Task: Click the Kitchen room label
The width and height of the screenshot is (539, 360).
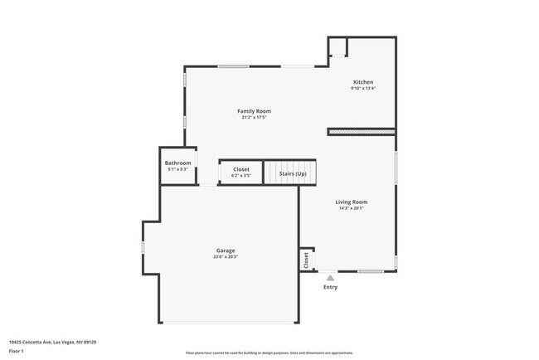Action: click(x=363, y=82)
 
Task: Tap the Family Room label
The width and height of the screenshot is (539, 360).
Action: click(x=254, y=111)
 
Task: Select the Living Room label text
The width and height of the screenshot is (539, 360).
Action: click(x=351, y=202)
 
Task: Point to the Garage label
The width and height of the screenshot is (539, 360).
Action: click(x=226, y=251)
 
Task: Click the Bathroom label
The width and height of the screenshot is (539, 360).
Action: click(x=177, y=163)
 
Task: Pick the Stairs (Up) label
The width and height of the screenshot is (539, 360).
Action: click(x=291, y=173)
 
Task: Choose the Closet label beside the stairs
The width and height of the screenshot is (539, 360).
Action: click(x=240, y=169)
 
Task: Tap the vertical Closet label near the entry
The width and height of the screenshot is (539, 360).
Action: click(x=306, y=260)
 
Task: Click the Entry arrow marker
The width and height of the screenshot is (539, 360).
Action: click(x=330, y=278)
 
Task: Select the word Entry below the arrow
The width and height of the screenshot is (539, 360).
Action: click(x=330, y=287)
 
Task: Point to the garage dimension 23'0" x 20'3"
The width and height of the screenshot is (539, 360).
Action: click(x=226, y=257)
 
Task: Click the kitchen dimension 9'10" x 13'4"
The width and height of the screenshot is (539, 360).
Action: click(x=363, y=89)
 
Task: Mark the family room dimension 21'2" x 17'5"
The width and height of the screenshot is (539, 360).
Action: click(x=254, y=118)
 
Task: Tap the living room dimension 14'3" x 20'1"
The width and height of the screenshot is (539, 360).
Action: click(x=351, y=208)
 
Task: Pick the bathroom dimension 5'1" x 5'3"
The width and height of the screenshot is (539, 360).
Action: click(x=177, y=169)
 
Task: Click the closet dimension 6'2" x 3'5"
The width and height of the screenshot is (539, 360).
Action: click(x=240, y=176)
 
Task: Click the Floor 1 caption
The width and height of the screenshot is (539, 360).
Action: click(x=17, y=350)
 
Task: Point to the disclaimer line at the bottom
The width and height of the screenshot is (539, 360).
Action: click(x=269, y=353)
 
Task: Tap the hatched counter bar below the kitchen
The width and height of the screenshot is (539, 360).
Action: click(x=360, y=131)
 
